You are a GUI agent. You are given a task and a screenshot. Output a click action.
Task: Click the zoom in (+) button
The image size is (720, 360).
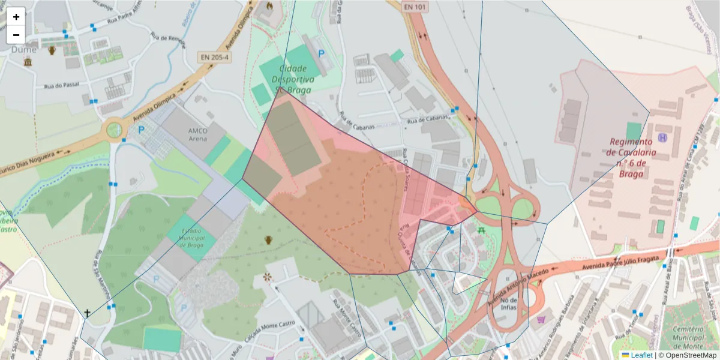(16, 17)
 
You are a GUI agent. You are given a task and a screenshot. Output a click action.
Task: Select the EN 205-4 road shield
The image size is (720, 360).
(214, 58)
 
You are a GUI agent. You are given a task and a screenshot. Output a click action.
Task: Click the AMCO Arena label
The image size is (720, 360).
(197, 134)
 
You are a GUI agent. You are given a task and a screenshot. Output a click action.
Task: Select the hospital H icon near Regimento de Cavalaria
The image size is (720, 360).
(662, 138)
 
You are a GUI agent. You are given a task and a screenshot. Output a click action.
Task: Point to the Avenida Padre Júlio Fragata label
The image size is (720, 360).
(606, 262)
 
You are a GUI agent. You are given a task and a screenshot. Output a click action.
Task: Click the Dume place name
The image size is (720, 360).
(23, 50)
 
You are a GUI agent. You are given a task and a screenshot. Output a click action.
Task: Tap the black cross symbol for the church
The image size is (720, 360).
(88, 313)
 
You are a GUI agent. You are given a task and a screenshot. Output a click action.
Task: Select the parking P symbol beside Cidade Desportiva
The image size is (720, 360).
(322, 54)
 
